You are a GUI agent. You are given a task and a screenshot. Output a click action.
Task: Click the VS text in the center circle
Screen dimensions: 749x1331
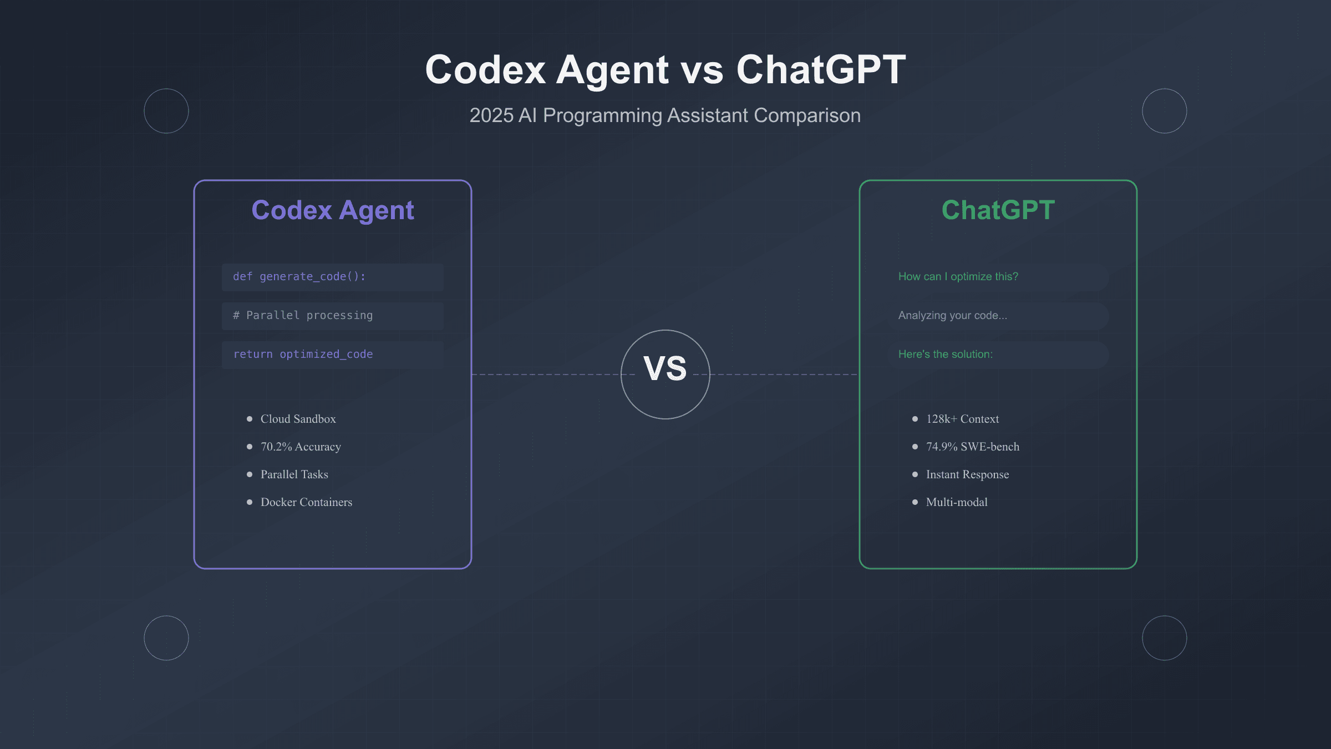(665, 368)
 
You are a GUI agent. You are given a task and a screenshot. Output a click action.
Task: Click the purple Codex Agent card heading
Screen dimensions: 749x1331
(333, 210)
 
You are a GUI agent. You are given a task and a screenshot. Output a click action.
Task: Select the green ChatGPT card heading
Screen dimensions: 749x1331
(998, 210)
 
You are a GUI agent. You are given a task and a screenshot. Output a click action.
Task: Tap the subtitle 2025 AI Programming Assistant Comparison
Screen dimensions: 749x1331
(665, 115)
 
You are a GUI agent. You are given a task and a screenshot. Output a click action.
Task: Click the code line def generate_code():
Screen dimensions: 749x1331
(299, 277)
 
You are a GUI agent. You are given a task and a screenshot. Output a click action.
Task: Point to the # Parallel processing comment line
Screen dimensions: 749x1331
(303, 316)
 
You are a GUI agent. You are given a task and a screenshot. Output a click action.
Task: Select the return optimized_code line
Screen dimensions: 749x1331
(303, 355)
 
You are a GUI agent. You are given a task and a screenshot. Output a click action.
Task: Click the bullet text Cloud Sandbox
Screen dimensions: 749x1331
(298, 419)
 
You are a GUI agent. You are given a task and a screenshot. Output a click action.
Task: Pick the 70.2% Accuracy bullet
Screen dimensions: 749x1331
(301, 447)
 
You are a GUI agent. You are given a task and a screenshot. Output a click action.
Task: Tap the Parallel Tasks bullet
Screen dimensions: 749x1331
(294, 474)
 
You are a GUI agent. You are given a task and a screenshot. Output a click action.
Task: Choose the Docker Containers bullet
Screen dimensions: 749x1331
(306, 502)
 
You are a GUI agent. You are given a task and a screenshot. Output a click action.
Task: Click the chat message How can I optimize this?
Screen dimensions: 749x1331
(958, 277)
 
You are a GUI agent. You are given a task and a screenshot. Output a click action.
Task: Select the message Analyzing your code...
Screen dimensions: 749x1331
(952, 316)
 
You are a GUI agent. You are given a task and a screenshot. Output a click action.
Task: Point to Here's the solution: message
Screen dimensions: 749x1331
(945, 355)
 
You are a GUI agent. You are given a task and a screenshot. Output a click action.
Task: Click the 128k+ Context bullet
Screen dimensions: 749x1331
(962, 419)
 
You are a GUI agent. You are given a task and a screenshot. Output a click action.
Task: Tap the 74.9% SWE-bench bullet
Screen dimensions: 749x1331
(972, 447)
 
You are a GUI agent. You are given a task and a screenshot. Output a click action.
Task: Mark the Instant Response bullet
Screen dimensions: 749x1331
(967, 474)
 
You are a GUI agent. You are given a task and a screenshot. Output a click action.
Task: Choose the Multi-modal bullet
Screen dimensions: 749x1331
(957, 502)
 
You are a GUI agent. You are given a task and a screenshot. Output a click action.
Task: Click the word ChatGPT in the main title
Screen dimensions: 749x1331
(821, 70)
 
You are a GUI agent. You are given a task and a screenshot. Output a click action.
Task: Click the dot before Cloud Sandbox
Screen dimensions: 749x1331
(250, 419)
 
